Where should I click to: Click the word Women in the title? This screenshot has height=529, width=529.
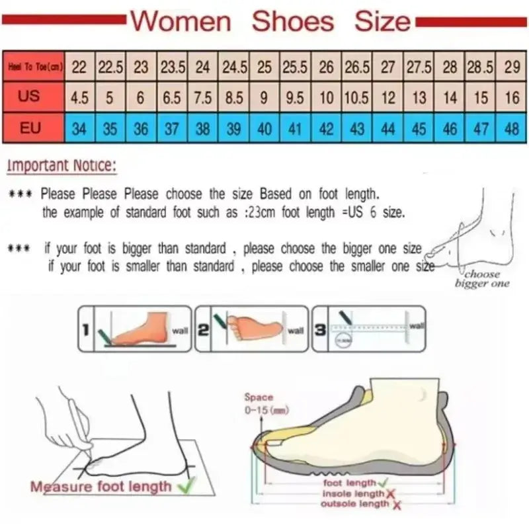181,21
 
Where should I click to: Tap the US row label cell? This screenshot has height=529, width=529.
29,97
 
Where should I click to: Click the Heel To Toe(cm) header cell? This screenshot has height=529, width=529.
34,66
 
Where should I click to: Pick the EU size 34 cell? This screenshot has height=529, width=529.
79,128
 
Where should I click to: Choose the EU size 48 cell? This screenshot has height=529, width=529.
511,128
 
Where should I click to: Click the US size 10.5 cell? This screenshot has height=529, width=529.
357,98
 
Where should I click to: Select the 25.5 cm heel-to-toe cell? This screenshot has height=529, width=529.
295,67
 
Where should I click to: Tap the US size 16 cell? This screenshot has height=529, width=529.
511,98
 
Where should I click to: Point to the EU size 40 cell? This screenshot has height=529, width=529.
264,128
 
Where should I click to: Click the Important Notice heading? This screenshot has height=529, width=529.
61,165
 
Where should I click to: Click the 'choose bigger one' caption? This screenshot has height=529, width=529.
482,278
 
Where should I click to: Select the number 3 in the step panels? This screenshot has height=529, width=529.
320,329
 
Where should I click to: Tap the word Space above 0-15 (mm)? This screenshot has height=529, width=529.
259,397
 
